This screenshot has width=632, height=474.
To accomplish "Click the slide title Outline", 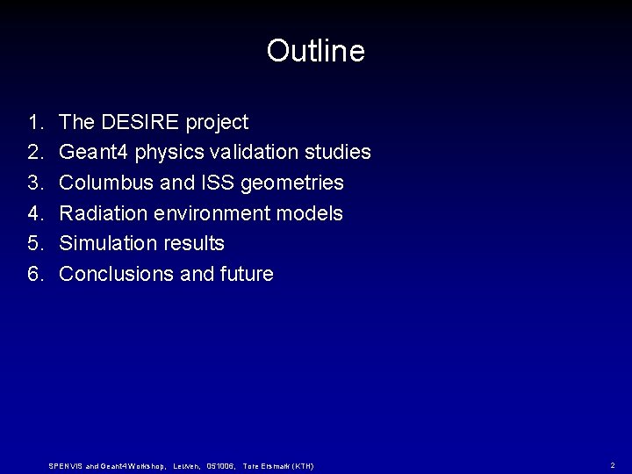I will tap(315, 51).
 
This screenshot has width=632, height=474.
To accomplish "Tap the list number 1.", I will tap(34, 122).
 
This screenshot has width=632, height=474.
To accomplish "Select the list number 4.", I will tap(34, 213).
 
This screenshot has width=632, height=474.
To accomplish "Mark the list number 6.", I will tap(34, 274).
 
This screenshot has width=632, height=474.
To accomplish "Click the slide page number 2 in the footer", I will tap(612, 464).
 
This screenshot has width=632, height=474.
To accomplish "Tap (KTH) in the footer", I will tap(299, 465).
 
